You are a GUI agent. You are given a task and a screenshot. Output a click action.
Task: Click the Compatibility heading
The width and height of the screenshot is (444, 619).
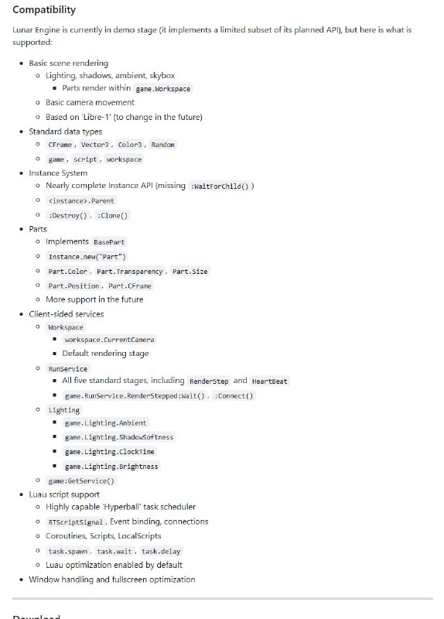[x=44, y=10]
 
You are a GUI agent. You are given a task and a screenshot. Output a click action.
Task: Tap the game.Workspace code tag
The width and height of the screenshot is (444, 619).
[x=162, y=88]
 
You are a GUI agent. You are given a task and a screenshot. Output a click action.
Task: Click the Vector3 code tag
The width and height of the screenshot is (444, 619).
[x=95, y=145]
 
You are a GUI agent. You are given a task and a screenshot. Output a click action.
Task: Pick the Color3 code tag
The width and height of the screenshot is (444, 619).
[x=130, y=145]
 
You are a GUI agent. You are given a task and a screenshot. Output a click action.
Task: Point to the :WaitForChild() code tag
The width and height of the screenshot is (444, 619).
[x=220, y=186]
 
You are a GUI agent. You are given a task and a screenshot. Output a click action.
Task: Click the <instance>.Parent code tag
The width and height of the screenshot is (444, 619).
[x=80, y=200]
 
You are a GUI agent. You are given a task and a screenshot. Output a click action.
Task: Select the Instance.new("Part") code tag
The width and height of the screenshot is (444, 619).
[x=87, y=257]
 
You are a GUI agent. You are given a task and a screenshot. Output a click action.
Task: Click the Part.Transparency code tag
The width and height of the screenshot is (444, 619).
[x=129, y=272]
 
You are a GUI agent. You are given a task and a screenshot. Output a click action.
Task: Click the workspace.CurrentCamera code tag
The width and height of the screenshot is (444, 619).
[x=109, y=340]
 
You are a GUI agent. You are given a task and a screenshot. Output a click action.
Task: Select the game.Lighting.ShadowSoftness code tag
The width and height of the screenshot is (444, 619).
[x=108, y=437]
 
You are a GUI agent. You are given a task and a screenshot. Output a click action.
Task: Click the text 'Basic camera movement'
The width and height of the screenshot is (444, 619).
[x=90, y=102]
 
